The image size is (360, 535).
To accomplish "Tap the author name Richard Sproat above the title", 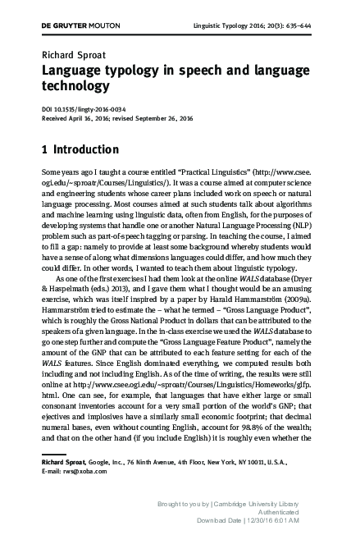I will pyautogui.click(x=69, y=57).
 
